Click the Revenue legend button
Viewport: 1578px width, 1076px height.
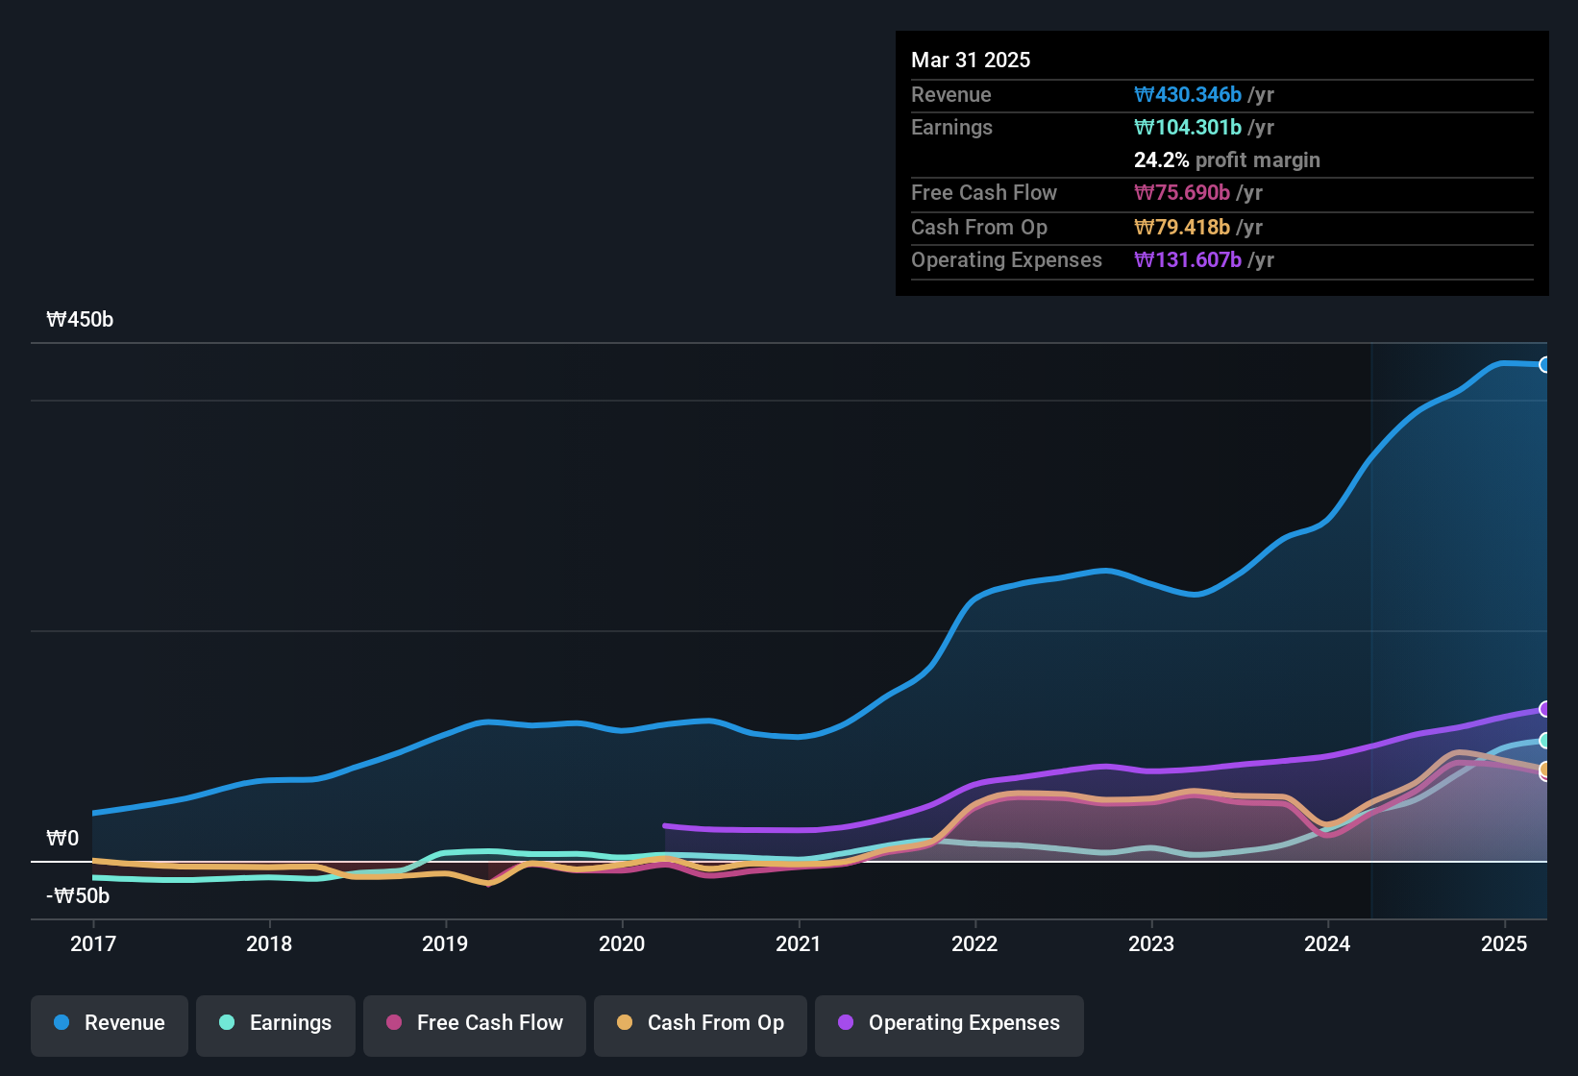coord(110,1023)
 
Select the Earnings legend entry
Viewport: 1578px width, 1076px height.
coord(276,1023)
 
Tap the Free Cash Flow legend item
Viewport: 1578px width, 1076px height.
coord(475,1023)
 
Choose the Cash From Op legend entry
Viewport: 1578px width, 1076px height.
coord(701,1023)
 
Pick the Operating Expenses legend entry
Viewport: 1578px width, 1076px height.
coord(949,1023)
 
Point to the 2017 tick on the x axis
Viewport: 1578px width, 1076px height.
coord(93,943)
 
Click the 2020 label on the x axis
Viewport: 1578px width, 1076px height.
coord(622,943)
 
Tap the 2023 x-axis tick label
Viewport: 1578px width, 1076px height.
coord(1151,943)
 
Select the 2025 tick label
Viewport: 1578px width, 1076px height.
coord(1504,943)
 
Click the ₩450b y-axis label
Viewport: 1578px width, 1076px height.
coord(80,320)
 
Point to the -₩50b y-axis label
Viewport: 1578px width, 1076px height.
coord(78,896)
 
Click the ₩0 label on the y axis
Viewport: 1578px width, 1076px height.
coord(62,839)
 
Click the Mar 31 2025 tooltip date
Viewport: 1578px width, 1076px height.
coord(971,60)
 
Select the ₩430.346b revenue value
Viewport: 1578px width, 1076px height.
coord(1188,94)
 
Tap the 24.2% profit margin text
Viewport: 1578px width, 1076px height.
coord(1226,159)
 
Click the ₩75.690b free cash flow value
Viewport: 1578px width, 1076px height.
coord(1182,192)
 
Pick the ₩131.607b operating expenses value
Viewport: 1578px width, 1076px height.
coord(1188,259)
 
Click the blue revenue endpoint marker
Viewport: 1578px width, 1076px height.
coord(1544,364)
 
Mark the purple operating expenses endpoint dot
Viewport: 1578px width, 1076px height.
coord(1544,709)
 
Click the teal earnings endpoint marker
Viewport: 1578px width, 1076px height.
coord(1544,741)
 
